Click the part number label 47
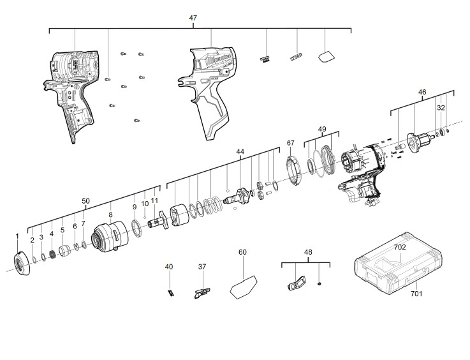tap(193, 18)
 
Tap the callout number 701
tap(416, 294)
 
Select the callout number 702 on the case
tap(400, 247)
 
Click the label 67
tap(290, 143)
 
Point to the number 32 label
tap(441, 108)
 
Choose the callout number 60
tap(242, 252)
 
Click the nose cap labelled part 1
tap(22, 263)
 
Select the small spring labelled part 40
tap(170, 292)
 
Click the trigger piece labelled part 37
tap(202, 293)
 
